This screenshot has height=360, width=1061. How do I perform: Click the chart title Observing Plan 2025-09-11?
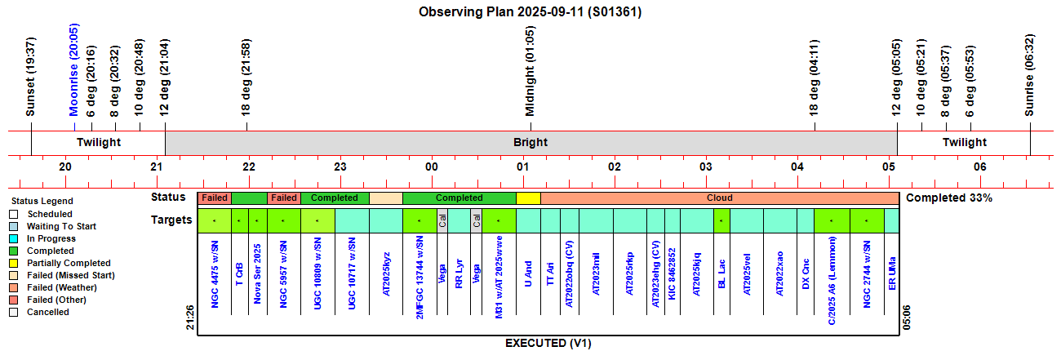point(530,11)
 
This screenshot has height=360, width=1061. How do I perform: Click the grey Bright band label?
point(530,142)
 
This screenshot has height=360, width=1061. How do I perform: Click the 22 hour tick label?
point(249,167)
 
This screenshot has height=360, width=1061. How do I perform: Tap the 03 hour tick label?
point(706,167)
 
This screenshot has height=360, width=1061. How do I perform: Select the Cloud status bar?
point(719,198)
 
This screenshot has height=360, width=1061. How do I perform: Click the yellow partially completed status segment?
point(528,198)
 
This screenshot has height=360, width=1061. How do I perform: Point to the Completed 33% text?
point(949,198)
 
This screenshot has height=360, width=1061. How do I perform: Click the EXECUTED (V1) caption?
point(548,343)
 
